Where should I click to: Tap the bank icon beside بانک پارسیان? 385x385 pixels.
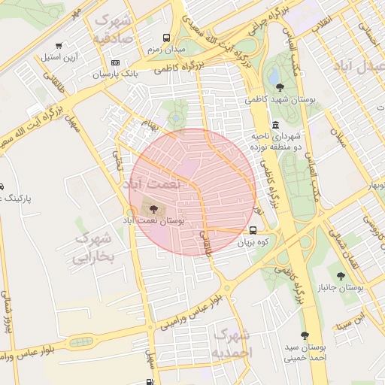[x=115, y=63]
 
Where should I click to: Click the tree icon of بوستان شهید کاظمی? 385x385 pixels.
[x=280, y=88]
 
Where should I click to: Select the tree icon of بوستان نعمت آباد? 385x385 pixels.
[x=154, y=208]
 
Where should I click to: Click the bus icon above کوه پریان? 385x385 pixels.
[x=253, y=231]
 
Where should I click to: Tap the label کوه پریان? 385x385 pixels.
[x=253, y=243]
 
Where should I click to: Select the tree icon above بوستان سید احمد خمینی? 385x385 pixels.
[x=305, y=335]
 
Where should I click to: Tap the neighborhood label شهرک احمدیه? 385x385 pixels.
[x=232, y=342]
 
